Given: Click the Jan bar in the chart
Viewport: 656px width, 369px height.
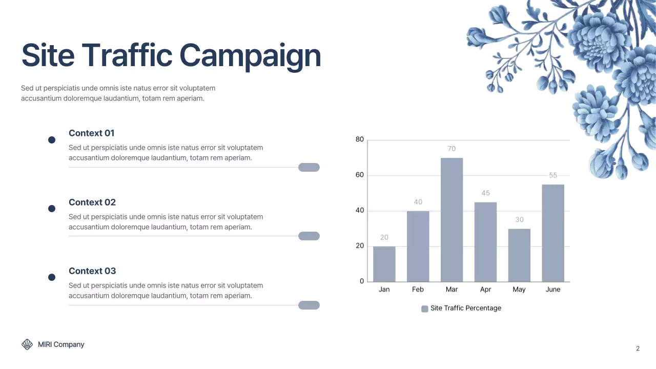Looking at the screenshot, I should tap(384, 264).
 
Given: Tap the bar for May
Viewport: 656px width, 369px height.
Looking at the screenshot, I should tap(519, 255).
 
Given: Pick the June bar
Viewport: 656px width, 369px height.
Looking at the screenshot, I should tap(553, 233).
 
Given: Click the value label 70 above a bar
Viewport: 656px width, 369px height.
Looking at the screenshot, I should tap(452, 149).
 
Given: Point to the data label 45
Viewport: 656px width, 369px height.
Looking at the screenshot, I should tap(485, 193).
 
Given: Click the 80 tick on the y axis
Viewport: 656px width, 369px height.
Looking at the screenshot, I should tap(360, 139).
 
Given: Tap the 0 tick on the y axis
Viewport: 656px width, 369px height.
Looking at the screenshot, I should tap(362, 281).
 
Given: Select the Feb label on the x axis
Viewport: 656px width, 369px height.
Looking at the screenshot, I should tap(418, 290).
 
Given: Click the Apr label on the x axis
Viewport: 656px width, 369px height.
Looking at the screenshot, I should tap(485, 290).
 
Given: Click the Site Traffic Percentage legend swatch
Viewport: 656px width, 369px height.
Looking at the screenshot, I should tap(424, 309).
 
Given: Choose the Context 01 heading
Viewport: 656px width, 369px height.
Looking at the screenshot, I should tap(91, 133).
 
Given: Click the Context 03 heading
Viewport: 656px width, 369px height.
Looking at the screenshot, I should tap(92, 271).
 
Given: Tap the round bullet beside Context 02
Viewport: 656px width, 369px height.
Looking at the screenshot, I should tap(52, 209).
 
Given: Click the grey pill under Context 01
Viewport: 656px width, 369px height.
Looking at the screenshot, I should tap(309, 167).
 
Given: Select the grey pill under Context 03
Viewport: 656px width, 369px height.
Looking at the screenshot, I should tap(309, 305).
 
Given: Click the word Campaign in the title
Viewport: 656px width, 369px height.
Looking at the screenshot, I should tap(250, 56).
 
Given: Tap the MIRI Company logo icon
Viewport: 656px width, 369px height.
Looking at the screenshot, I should tap(27, 344).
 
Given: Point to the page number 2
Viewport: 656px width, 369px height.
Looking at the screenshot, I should tap(638, 348).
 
